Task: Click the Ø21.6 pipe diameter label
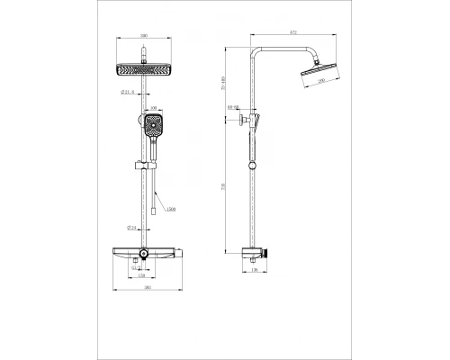click(127, 91)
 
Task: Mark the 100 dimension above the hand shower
click(153, 109)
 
